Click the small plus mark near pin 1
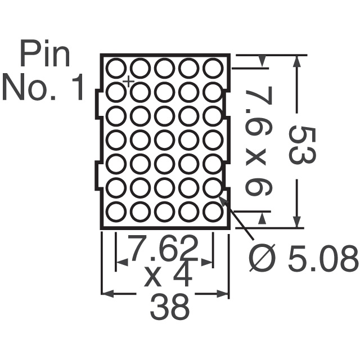click(x=129, y=82)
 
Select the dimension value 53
click(x=302, y=145)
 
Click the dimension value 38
click(x=169, y=308)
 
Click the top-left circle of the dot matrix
click(x=116, y=68)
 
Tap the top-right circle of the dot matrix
click(x=213, y=68)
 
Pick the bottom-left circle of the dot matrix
click(x=116, y=212)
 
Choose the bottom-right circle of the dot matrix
click(x=213, y=212)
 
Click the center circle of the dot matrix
click(x=164, y=140)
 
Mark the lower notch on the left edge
click(x=97, y=175)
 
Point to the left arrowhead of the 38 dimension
click(x=106, y=293)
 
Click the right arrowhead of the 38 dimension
click(x=225, y=293)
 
